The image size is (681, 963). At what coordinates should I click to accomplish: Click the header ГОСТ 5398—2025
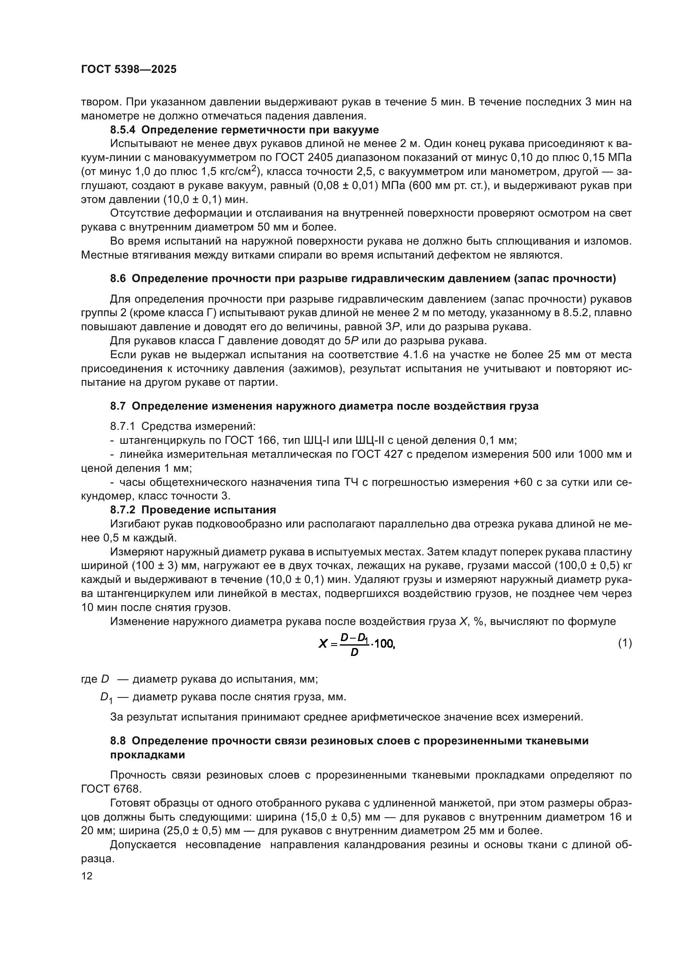[129, 70]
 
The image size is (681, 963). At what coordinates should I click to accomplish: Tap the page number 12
[87, 876]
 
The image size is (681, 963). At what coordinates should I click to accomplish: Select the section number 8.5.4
[123, 130]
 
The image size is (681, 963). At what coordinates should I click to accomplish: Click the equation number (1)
[625, 643]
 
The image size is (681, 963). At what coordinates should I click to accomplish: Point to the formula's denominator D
[354, 653]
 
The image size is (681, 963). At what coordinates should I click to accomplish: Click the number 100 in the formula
[384, 644]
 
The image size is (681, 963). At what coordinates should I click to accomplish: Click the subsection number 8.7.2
[123, 510]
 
